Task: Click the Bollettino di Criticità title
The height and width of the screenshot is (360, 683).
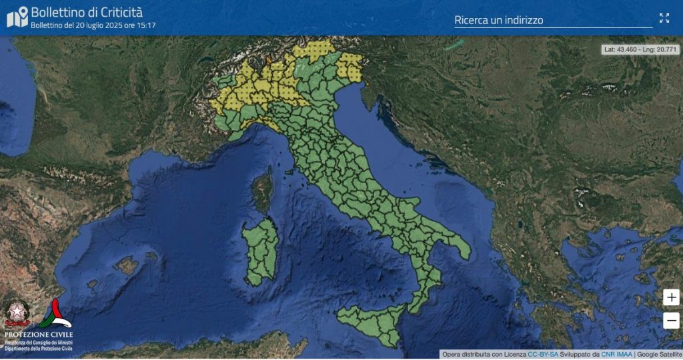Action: pyautogui.click(x=87, y=12)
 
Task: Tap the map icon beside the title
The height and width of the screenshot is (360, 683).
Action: pyautogui.click(x=17, y=17)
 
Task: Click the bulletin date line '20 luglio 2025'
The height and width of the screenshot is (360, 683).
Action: pyautogui.click(x=93, y=25)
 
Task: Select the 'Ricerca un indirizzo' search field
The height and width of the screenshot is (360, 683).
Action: pyautogui.click(x=552, y=20)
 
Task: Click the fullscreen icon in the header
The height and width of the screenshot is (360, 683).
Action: pyautogui.click(x=664, y=18)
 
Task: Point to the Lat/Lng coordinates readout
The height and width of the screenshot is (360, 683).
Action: pyautogui.click(x=640, y=49)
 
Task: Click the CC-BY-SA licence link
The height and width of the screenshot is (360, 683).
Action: pyautogui.click(x=543, y=354)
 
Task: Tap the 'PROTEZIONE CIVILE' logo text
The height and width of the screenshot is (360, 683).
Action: pyautogui.click(x=39, y=334)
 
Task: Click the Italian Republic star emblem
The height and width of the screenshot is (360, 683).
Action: pyautogui.click(x=17, y=313)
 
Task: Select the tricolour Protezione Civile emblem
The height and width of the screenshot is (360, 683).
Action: pyautogui.click(x=57, y=313)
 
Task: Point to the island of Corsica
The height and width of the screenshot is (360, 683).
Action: pyautogui.click(x=263, y=191)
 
